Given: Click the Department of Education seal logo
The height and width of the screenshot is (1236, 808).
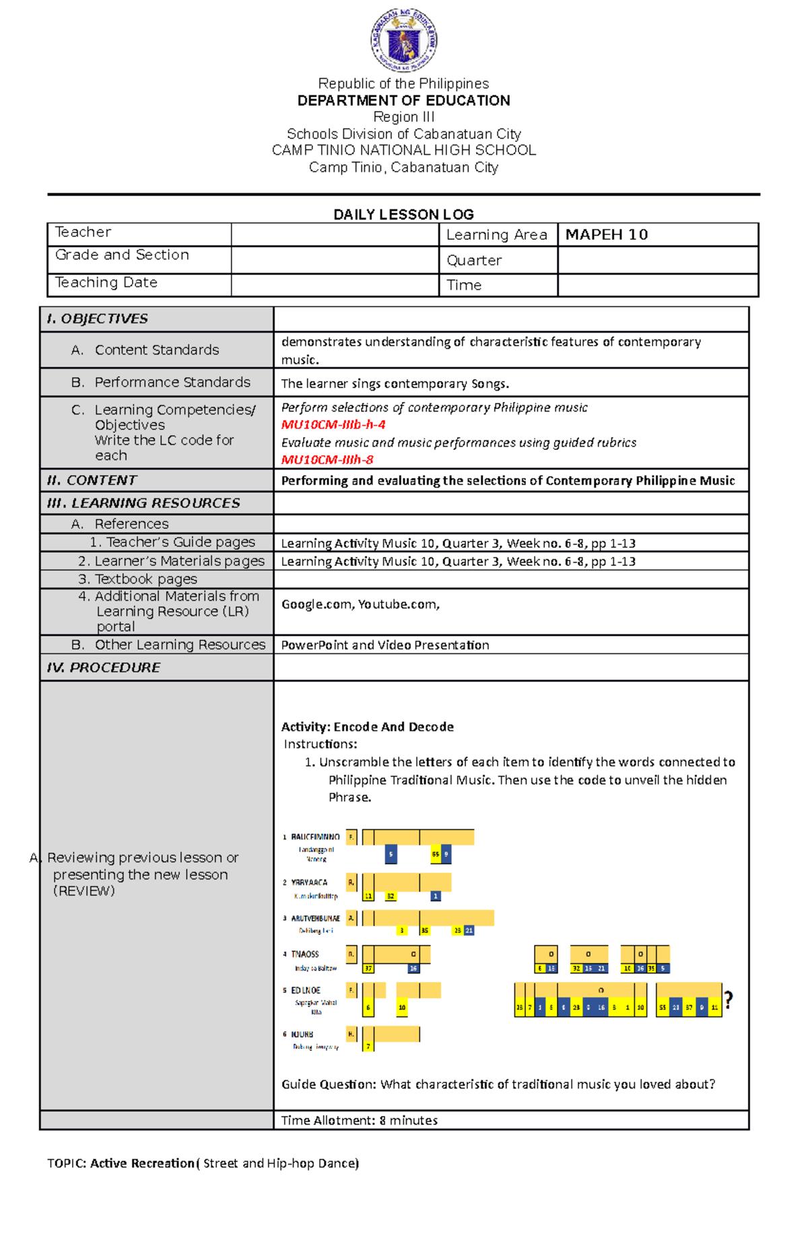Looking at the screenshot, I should [x=404, y=40].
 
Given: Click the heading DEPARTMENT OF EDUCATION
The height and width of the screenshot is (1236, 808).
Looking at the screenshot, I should [x=404, y=100].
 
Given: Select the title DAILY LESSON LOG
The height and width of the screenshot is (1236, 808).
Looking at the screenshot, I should [x=403, y=214].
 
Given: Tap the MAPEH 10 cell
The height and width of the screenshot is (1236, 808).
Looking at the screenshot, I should [x=607, y=234].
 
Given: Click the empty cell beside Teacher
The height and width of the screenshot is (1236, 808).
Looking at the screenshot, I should [x=335, y=234].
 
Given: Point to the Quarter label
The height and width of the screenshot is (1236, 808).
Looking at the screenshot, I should [x=474, y=261].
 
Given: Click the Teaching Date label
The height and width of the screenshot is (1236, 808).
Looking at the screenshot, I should [x=106, y=283].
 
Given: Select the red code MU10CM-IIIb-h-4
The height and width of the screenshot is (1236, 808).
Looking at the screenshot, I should [x=333, y=425].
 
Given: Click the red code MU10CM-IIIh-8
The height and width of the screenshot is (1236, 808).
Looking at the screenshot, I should [x=327, y=460].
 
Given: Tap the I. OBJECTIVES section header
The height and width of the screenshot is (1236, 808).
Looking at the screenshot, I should [x=98, y=319].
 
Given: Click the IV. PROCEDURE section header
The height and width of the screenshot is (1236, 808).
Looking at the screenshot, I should [x=104, y=668].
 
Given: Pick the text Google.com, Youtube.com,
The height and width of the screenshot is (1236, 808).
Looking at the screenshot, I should [x=360, y=605].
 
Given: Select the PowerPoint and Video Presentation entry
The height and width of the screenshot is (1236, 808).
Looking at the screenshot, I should [x=384, y=645].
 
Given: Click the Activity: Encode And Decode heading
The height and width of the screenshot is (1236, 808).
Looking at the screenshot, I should [x=367, y=727].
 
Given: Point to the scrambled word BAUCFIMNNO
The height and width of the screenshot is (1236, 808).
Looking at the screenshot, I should [x=315, y=837].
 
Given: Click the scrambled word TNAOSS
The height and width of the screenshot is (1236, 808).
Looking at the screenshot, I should [x=305, y=954].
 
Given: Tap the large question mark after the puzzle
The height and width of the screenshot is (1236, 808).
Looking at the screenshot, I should [x=728, y=1000].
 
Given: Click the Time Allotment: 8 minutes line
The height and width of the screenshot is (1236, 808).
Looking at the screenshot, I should [x=359, y=1120].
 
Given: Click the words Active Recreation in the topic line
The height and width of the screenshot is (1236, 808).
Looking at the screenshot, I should [x=142, y=1163].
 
